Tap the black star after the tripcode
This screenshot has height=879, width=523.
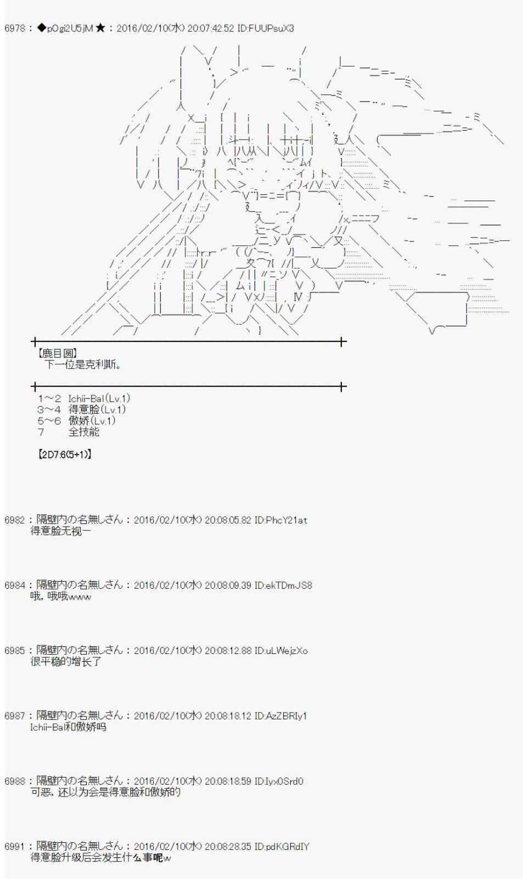point(100,28)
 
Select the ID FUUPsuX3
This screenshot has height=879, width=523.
point(266,28)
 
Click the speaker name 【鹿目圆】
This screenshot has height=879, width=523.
point(57,353)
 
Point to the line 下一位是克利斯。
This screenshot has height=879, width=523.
point(83,364)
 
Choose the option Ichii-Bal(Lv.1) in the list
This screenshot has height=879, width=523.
point(99,399)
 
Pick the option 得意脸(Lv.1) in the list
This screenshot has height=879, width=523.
point(97,410)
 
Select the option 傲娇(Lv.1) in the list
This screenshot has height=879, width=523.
point(92,421)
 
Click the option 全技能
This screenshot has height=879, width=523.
point(83,432)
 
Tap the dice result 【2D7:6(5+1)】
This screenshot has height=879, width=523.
point(65,454)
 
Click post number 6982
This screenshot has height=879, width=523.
point(14,520)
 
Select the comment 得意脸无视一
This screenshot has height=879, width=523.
point(61,531)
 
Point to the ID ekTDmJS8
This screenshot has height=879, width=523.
point(283,585)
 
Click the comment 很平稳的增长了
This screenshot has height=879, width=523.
point(66,662)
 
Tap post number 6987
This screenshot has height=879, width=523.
point(14,716)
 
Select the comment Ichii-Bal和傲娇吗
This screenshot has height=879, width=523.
point(68,727)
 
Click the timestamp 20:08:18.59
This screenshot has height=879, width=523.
point(228,781)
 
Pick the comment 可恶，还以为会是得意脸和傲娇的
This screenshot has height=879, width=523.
point(105,792)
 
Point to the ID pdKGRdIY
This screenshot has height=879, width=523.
point(282,847)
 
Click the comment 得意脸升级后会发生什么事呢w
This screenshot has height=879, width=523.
point(101,858)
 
